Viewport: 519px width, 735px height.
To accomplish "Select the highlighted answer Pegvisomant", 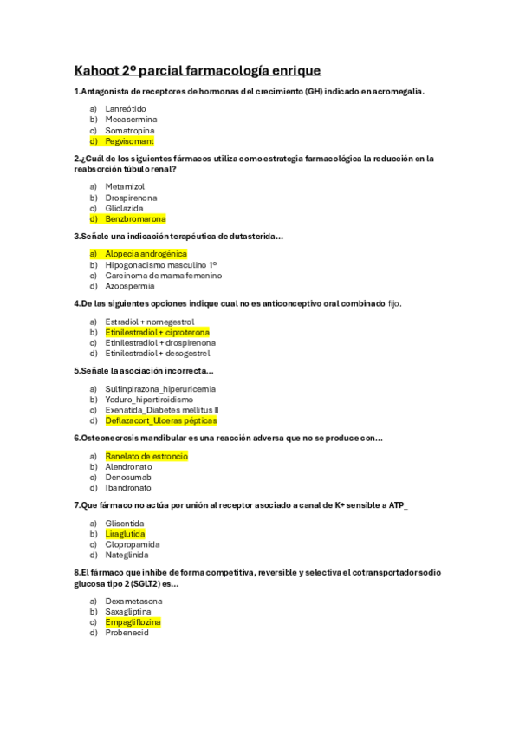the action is (x=129, y=140).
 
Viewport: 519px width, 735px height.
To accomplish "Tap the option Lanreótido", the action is (x=126, y=108).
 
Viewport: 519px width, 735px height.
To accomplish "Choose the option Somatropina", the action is (x=130, y=130).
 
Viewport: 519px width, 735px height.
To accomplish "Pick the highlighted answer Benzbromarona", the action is (x=135, y=219).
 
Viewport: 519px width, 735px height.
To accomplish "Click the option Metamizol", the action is (x=125, y=186).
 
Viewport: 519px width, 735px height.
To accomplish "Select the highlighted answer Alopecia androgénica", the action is (x=146, y=253).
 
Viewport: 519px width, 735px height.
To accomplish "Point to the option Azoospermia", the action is (x=130, y=286).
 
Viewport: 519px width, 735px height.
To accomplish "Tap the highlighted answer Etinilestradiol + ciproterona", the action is (x=157, y=332).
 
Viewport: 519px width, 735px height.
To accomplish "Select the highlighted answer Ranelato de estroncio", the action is (x=146, y=455).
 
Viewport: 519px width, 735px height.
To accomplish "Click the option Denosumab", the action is (x=128, y=477).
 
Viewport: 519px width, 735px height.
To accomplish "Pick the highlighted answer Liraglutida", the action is (x=125, y=534).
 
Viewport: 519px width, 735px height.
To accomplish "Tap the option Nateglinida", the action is (x=127, y=555).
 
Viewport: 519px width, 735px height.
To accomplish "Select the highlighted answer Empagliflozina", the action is (x=133, y=622).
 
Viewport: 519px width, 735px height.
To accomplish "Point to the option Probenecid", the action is (x=127, y=633).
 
